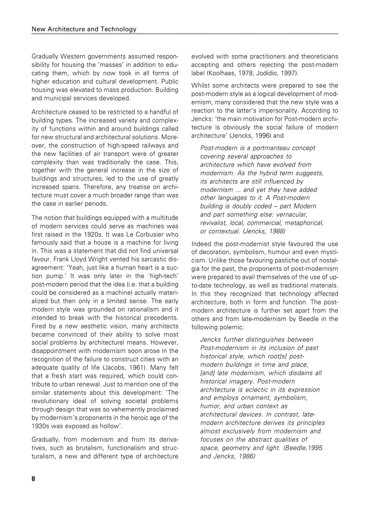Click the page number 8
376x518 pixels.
tap(33, 478)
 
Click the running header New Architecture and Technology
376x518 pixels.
tap(84, 29)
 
